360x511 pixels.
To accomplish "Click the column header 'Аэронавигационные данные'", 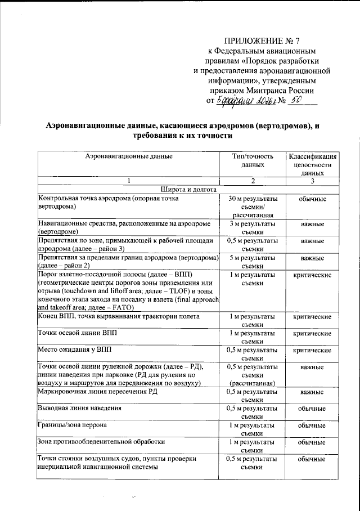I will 129,156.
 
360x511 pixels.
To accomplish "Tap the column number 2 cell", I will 253,181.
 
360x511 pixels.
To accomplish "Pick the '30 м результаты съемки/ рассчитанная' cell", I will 253,207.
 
